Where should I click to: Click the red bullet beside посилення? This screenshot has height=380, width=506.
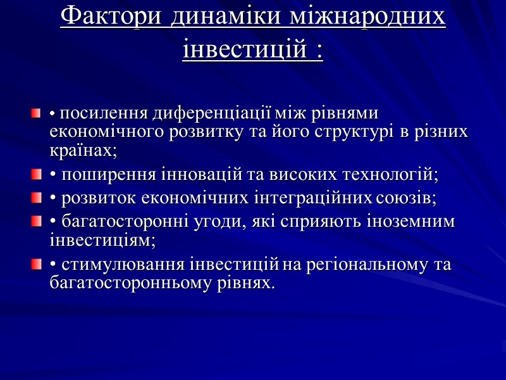pyautogui.click(x=36, y=114)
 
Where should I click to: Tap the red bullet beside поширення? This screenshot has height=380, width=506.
pyautogui.click(x=36, y=172)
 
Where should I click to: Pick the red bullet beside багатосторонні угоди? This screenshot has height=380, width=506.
pyautogui.click(x=36, y=222)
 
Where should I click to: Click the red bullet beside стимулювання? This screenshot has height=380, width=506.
pyautogui.click(x=36, y=263)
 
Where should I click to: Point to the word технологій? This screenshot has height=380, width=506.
pyautogui.click(x=390, y=173)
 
